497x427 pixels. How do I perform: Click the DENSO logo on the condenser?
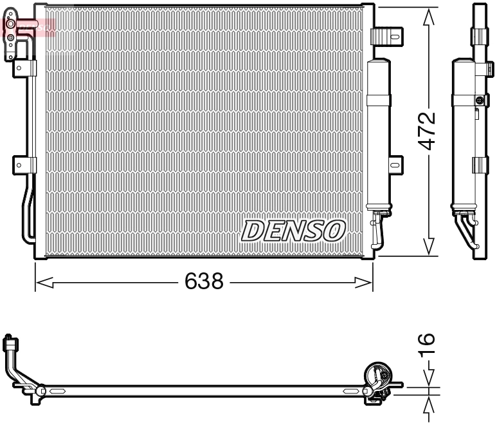294,229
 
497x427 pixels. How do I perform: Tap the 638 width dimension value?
204,281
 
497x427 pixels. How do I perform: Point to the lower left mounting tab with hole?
22,165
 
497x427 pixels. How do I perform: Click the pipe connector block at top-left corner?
12,39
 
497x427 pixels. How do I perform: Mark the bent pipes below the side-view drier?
467,229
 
